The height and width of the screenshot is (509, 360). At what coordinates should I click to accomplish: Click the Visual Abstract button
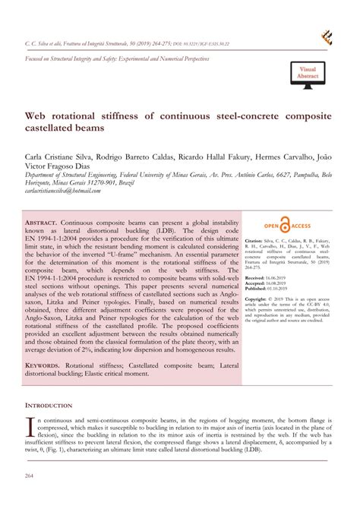pyautogui.click(x=307, y=72)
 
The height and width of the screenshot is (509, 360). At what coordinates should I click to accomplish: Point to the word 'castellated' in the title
pyautogui.click(x=54, y=130)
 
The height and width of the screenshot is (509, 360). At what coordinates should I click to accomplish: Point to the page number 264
pyautogui.click(x=30, y=476)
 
